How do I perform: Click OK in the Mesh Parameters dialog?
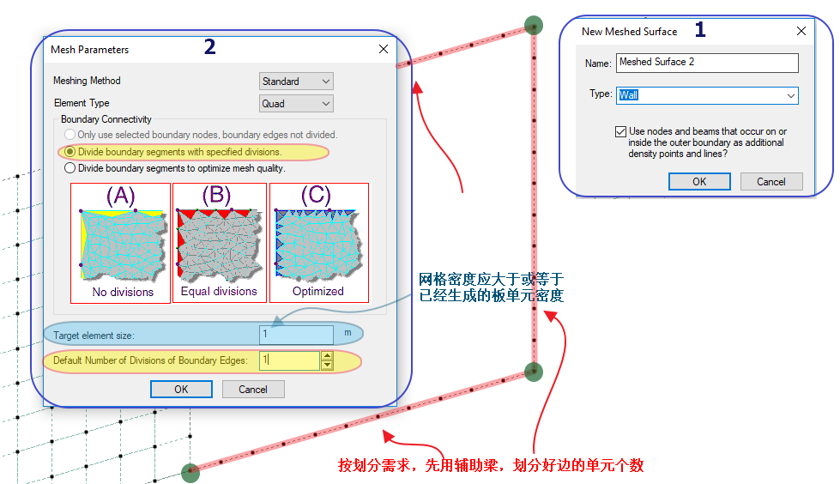point(181,389)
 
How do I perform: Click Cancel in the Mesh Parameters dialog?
point(253,389)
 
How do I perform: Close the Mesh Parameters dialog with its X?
point(384,50)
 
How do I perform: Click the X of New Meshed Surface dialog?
point(801,31)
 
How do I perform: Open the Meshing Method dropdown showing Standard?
point(296,82)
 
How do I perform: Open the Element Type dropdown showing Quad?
point(296,104)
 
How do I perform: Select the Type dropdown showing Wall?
point(707,95)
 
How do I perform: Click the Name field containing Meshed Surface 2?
point(707,63)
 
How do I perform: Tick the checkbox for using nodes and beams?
point(620,132)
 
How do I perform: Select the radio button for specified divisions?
point(70,152)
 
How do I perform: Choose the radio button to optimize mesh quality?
point(70,168)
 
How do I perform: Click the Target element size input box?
point(296,335)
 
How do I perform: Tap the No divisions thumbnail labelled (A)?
point(122,243)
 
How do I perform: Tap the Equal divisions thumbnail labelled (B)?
point(219,243)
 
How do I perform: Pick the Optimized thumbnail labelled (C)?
point(318,243)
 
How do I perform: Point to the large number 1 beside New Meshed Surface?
point(700,29)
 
